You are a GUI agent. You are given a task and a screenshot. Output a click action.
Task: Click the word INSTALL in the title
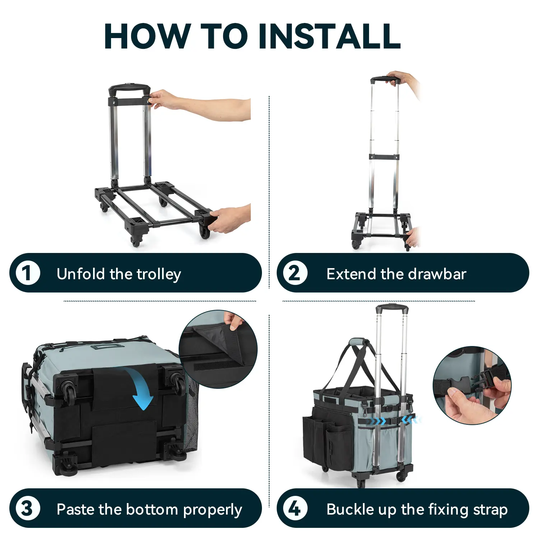(329, 36)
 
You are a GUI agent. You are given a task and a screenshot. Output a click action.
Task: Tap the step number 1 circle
(27, 273)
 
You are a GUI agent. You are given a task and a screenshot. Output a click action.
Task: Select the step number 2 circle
(295, 273)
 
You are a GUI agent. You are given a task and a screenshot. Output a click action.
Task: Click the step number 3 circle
(27, 509)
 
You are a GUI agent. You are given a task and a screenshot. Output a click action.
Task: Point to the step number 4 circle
(295, 509)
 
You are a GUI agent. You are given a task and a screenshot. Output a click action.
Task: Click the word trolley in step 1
(159, 275)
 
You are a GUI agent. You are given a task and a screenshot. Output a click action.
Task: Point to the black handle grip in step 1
(129, 88)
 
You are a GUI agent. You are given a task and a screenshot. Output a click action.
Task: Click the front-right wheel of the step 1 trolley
(204, 232)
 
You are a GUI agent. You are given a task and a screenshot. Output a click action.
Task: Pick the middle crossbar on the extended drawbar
(384, 157)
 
